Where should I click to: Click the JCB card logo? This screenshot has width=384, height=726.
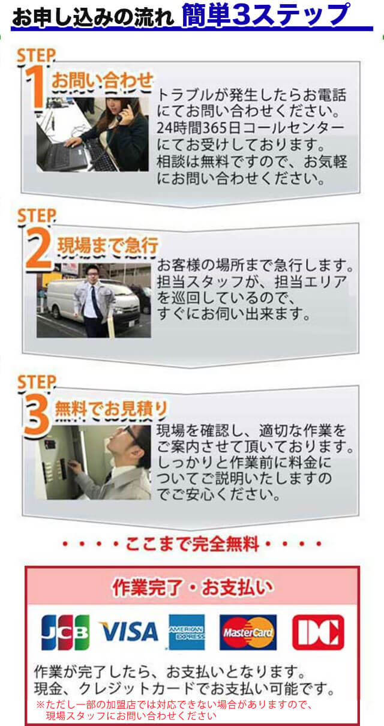point(65,632)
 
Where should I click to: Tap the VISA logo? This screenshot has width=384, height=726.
point(128,632)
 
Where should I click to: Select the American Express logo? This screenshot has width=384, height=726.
point(187,632)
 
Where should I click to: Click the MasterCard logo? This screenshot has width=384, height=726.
point(248,632)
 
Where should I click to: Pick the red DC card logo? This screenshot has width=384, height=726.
point(318,632)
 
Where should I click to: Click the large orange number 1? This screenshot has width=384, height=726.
point(37,87)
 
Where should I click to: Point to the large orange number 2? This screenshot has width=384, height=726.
point(39,250)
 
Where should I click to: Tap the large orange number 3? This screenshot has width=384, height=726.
point(37,415)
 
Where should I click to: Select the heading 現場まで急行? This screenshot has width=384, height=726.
point(107,245)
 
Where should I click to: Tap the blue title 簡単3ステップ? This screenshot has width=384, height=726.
point(265,16)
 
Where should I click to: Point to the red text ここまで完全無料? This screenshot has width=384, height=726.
point(192,544)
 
